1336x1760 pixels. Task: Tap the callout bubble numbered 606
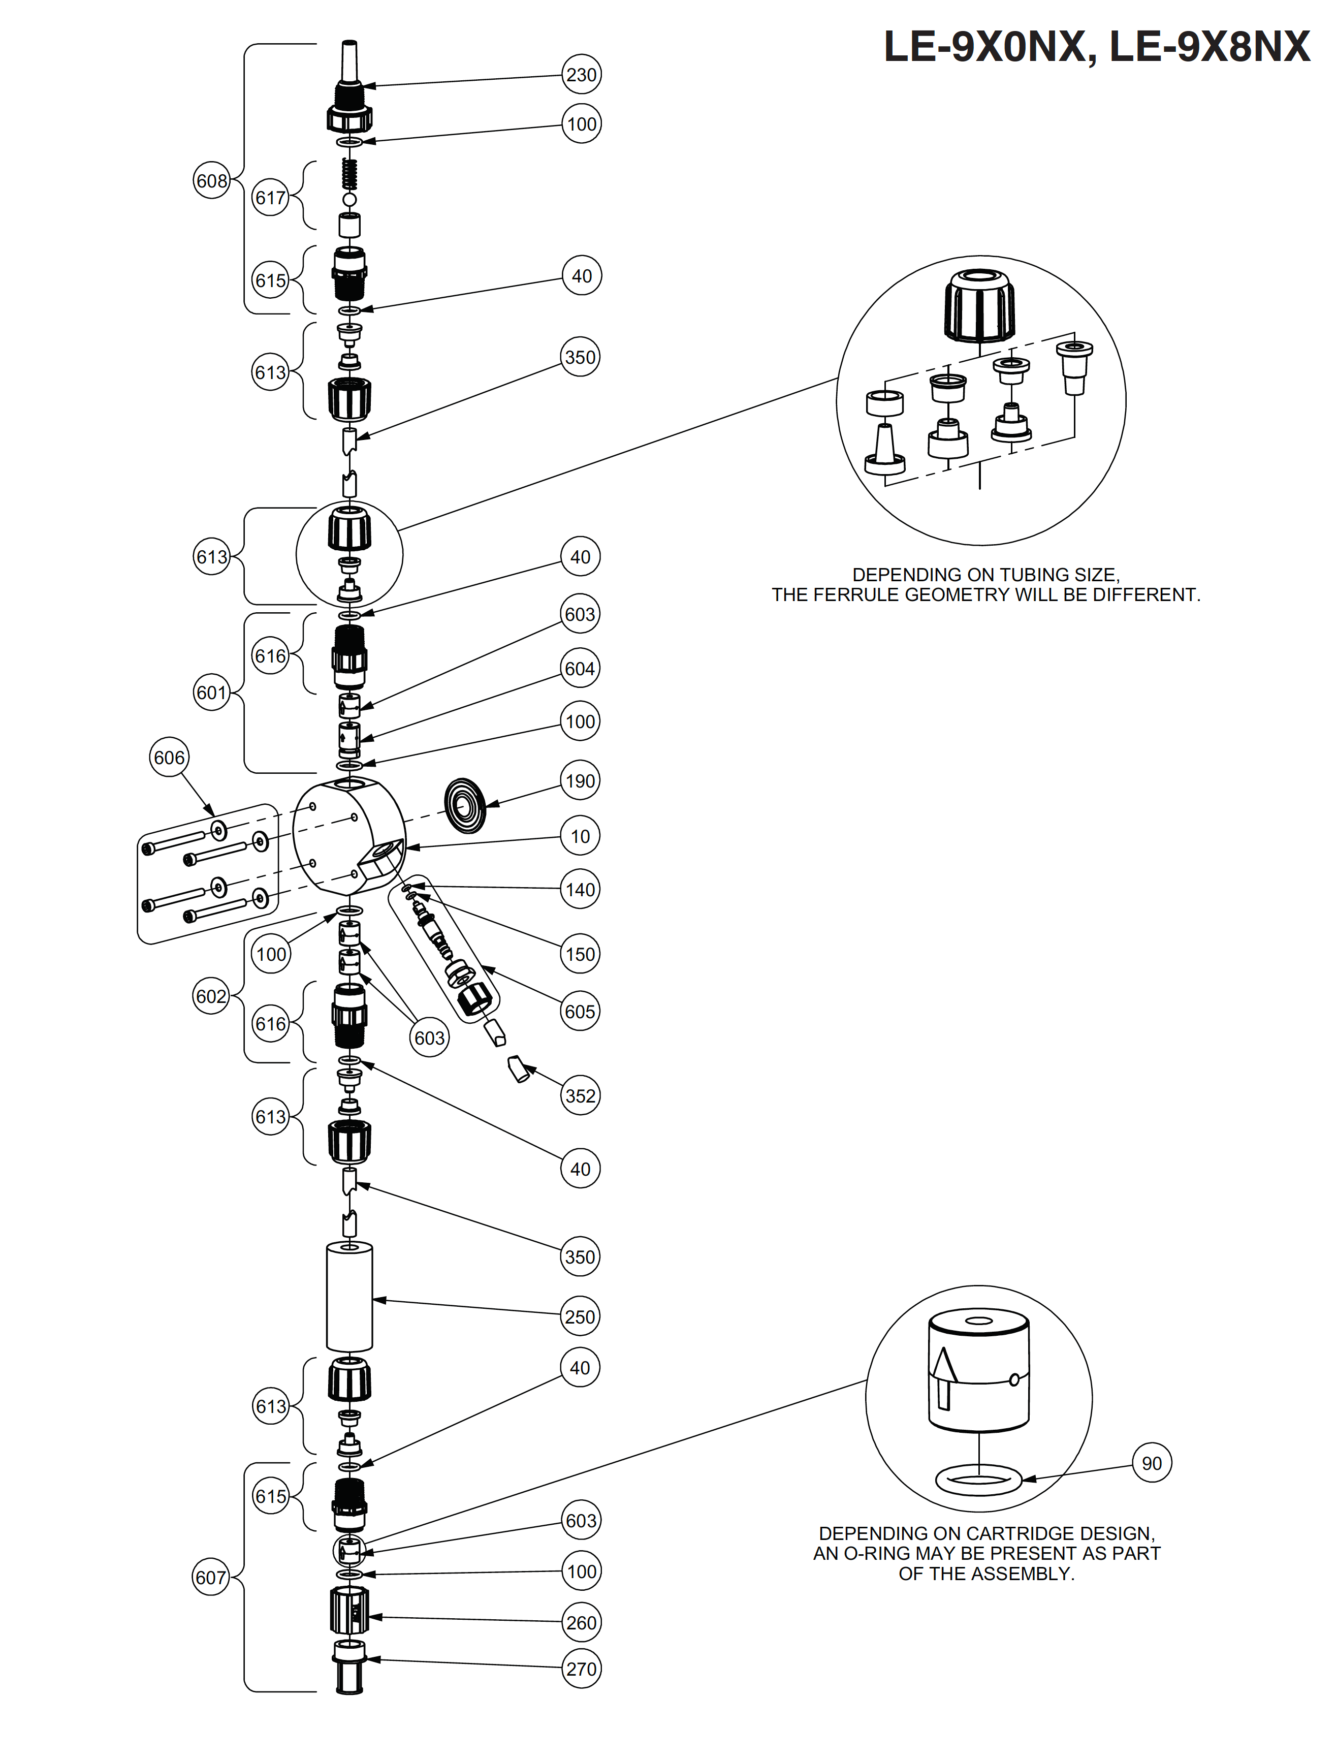[x=169, y=758]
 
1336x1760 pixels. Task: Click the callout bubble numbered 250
[x=580, y=1317]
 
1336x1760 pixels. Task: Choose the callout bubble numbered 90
[x=1152, y=1463]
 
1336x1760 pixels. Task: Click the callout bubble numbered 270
[x=581, y=1669]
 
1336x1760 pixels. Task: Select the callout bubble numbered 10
[x=580, y=836]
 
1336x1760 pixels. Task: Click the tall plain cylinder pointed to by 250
[x=349, y=1298]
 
